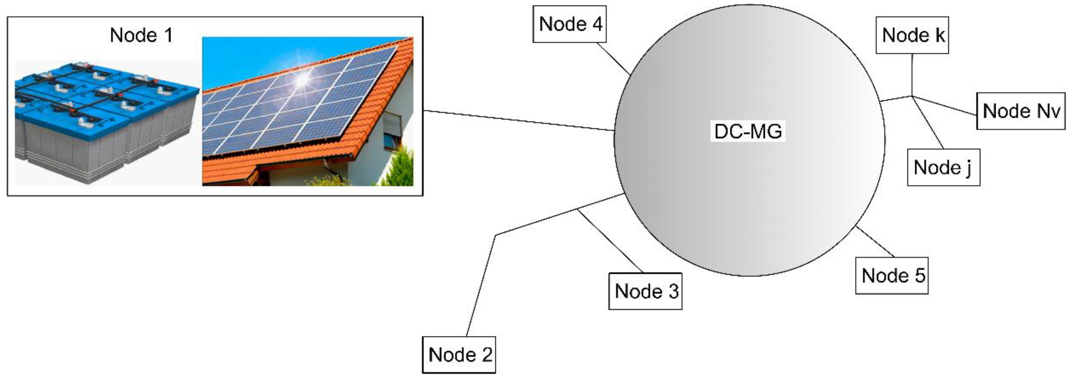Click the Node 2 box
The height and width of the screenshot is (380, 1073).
tap(459, 355)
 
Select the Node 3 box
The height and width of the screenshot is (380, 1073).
tap(645, 291)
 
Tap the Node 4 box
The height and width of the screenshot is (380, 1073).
tap(569, 24)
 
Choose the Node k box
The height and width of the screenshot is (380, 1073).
tap(912, 35)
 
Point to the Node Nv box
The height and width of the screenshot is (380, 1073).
tap(1021, 111)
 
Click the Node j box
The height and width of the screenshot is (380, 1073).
tap(943, 167)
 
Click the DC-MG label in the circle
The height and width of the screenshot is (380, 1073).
tap(748, 131)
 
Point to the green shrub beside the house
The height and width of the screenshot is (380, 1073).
tap(402, 167)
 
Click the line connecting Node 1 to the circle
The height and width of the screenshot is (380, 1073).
tap(519, 121)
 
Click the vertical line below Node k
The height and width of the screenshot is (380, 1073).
tap(912, 75)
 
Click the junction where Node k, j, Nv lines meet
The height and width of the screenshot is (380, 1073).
tap(912, 96)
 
